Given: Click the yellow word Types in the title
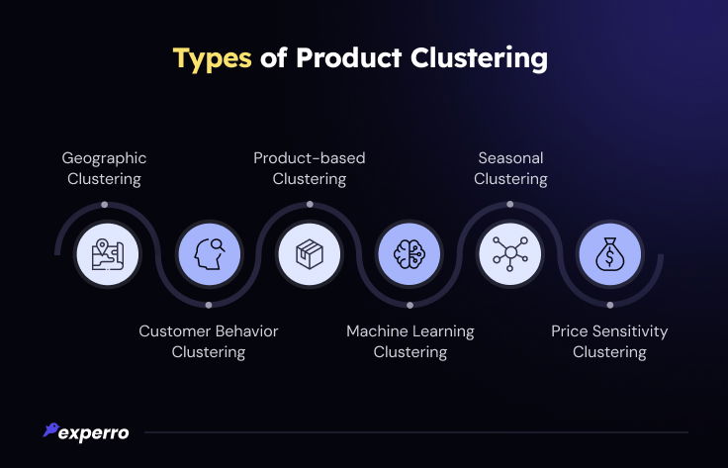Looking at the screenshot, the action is tap(213, 59).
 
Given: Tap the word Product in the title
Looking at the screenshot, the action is tap(348, 57).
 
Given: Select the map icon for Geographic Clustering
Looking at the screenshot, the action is tap(107, 254).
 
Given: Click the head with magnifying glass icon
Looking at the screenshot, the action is tap(210, 254).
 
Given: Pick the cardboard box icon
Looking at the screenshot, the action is tap(310, 254).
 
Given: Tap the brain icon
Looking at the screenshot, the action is tap(409, 254).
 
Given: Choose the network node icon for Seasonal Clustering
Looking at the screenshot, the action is tap(510, 253).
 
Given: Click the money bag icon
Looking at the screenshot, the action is tap(610, 254).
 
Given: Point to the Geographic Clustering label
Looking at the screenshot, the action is tap(104, 168).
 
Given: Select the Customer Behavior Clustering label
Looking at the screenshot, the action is tap(209, 341).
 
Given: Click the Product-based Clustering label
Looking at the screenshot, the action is tap(310, 168).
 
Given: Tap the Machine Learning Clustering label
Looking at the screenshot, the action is tap(410, 341).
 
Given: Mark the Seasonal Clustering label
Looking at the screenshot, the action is tap(510, 168).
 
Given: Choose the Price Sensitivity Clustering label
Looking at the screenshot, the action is tap(609, 341).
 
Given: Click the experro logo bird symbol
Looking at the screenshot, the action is tap(50, 429).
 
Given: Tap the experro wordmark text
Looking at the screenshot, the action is tap(94, 433).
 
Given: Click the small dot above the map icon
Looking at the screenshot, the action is tap(105, 204).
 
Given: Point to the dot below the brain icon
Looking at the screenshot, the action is tap(409, 305).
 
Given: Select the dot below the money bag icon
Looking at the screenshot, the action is tap(610, 305).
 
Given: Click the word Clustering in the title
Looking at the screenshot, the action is tap(479, 59).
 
